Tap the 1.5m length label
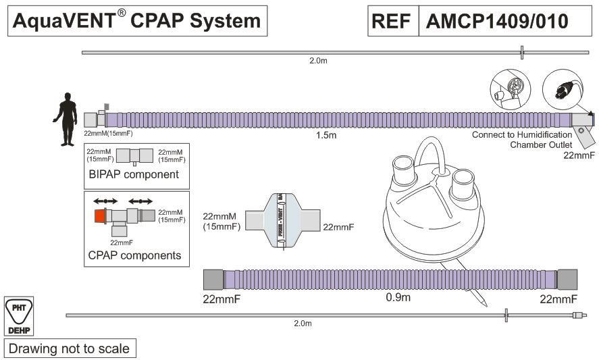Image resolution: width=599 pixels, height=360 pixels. tap(326, 135)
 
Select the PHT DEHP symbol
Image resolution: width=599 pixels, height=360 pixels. tap(18, 316)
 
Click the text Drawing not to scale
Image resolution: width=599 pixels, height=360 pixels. tap(68, 349)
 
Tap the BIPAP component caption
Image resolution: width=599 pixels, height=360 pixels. tap(134, 174)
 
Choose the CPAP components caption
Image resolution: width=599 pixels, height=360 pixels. tap(134, 255)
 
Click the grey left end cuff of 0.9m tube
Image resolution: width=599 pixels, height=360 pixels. tap(213, 279)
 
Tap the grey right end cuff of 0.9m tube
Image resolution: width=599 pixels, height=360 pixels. tap(567, 279)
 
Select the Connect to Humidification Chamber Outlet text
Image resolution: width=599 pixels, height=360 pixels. tap(523, 139)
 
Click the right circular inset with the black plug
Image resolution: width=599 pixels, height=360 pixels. tap(563, 88)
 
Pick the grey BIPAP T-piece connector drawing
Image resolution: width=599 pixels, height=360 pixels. tap(134, 155)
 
